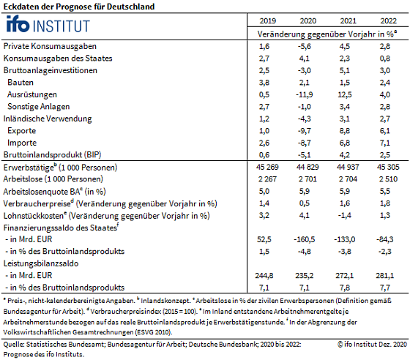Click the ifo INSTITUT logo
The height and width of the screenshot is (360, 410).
tap(48, 24)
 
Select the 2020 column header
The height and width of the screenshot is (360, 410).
tap(307, 21)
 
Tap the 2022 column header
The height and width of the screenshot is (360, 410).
tap(388, 21)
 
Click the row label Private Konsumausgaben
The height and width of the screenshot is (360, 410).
tap(50, 46)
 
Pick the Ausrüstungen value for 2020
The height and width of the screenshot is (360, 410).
tap(305, 94)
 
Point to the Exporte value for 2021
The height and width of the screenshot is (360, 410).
tap(345, 131)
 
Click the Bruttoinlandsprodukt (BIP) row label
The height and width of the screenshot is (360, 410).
tap(52, 155)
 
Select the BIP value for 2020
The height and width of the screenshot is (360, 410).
tap(305, 155)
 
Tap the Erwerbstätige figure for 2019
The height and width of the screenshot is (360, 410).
tap(267, 167)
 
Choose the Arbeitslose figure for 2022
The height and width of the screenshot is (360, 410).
tap(388, 179)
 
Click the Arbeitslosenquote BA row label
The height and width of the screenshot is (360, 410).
tap(54, 192)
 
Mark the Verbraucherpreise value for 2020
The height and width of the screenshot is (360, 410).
tap(305, 203)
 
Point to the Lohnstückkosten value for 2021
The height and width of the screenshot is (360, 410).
tap(345, 216)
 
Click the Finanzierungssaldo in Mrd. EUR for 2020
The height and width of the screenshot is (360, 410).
tap(305, 239)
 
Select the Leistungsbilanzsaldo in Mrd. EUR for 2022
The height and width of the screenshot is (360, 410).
tap(385, 276)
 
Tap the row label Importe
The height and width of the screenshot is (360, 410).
tap(22, 143)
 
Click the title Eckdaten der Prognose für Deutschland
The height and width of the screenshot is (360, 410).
tap(79, 7)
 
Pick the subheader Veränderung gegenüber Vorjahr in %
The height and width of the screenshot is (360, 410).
tap(327, 34)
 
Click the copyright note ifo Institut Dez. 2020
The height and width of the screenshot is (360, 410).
tap(372, 345)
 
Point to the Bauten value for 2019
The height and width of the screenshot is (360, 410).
tap(264, 83)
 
